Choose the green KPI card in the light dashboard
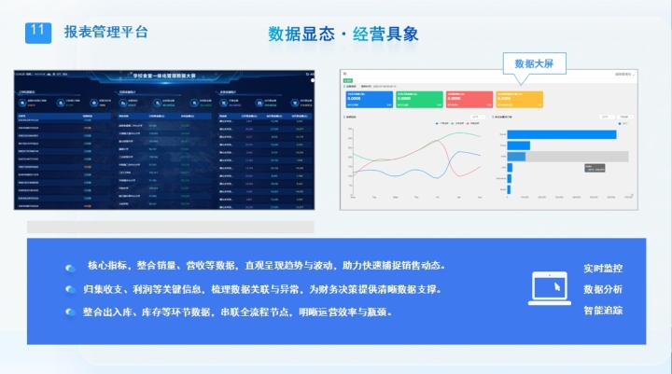[418, 98]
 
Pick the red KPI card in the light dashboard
[469, 98]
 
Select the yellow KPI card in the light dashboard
[518, 98]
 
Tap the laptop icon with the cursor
[550, 289]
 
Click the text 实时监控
[603, 269]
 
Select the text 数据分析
[603, 290]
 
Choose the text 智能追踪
[603, 311]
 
